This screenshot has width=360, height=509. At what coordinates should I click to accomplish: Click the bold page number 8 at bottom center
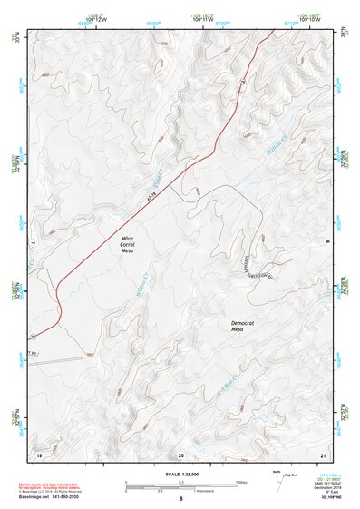click(180, 500)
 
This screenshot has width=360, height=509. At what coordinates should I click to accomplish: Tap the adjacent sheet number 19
click(39, 453)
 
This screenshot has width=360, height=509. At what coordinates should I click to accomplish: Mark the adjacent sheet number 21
click(323, 453)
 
